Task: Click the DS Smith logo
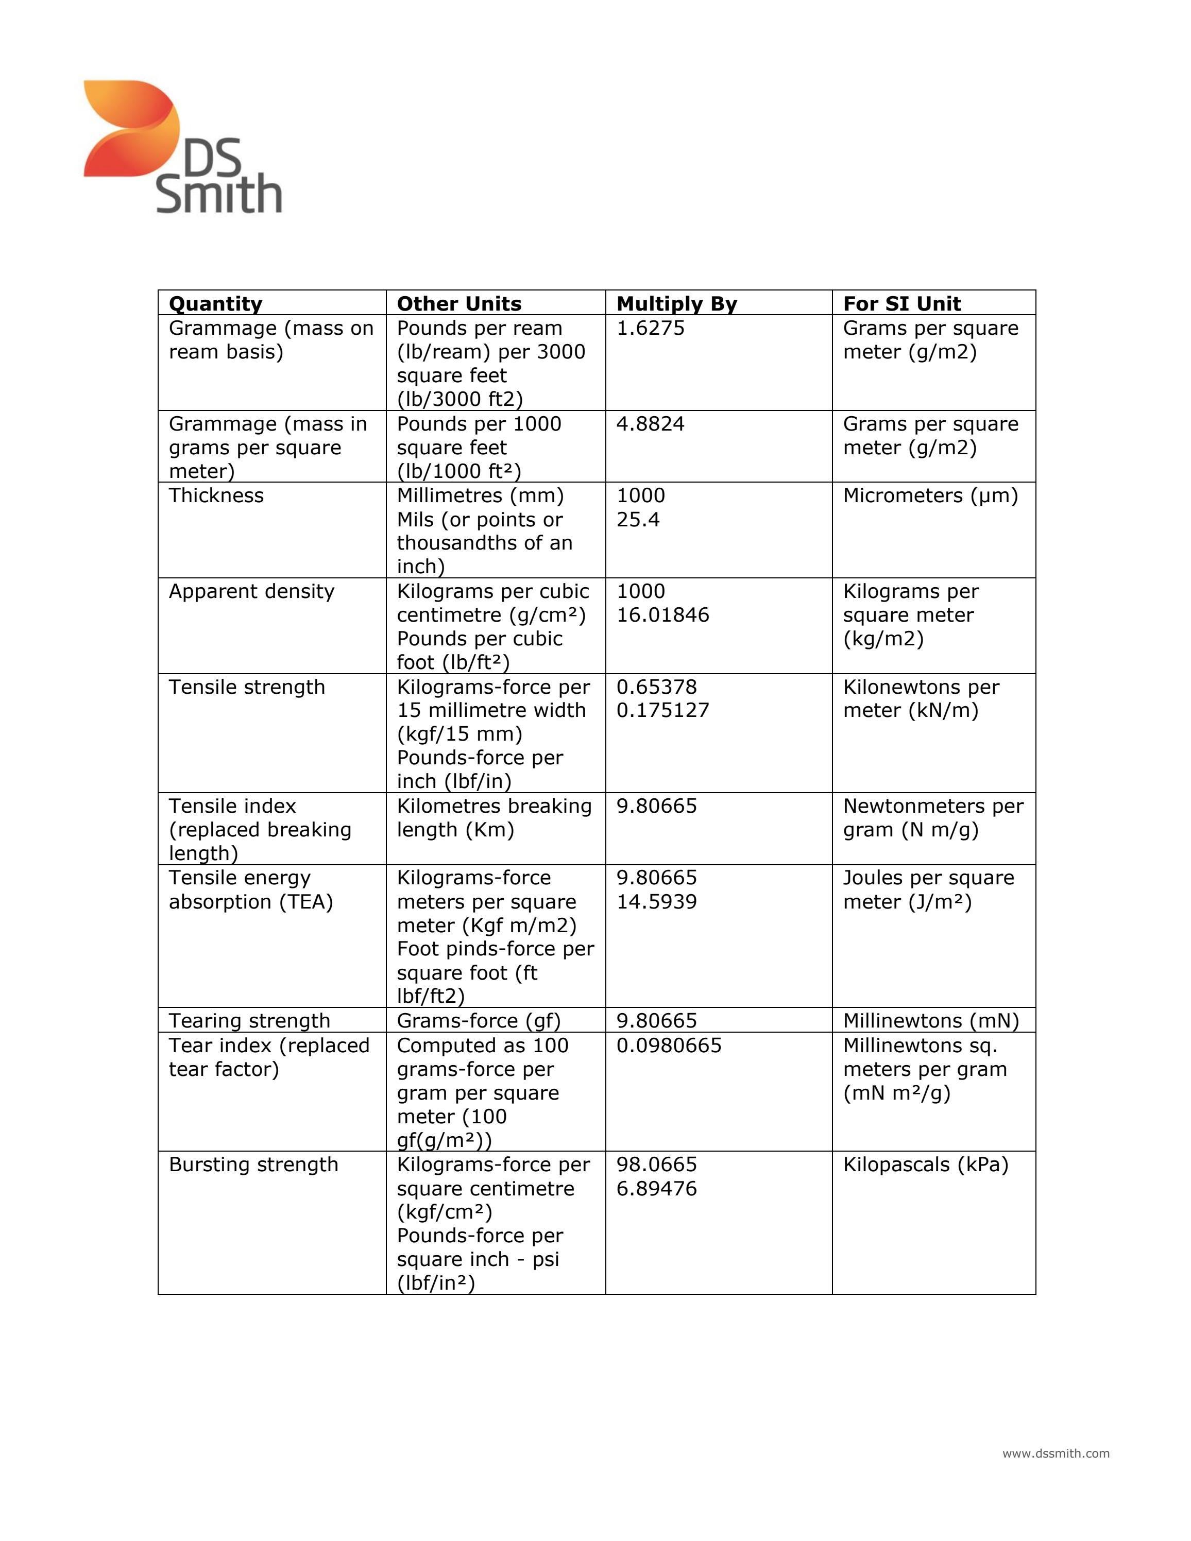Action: tap(182, 146)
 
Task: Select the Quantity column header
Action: tap(215, 303)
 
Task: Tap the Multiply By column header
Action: tap(676, 303)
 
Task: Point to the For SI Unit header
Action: tap(901, 303)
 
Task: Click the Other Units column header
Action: tap(458, 303)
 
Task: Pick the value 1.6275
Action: tap(650, 328)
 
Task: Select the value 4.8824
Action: tap(650, 424)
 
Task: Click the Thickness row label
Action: tap(216, 495)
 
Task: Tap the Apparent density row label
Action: tap(251, 591)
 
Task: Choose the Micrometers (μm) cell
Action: tap(930, 495)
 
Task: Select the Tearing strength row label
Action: tap(249, 1020)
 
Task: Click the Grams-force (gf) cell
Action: tap(479, 1020)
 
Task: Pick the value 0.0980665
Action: tap(669, 1045)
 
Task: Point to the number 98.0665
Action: tap(656, 1164)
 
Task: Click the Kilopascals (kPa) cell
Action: tap(925, 1164)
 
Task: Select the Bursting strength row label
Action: tap(253, 1164)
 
